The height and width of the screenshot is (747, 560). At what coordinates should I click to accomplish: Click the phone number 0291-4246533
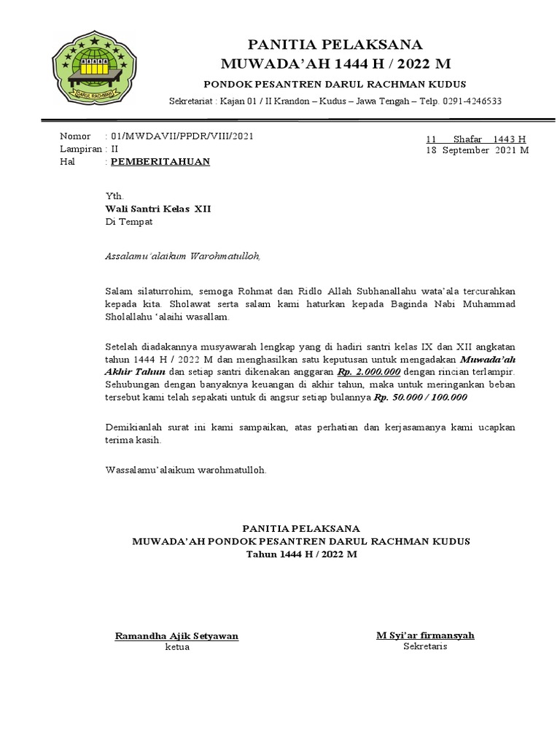coord(471,101)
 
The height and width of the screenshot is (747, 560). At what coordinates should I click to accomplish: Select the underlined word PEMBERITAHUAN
coord(160,162)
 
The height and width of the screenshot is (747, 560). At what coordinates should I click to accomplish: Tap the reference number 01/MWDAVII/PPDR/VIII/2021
coord(182,136)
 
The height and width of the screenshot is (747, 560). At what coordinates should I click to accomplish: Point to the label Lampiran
coord(79,149)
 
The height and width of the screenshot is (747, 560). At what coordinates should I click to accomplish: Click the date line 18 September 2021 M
coord(478,150)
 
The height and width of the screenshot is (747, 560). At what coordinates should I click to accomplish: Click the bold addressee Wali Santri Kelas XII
coord(158,209)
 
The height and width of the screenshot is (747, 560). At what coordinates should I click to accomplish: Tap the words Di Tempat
coord(129,222)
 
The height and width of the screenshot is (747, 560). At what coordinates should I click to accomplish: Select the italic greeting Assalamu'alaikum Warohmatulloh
coord(182,256)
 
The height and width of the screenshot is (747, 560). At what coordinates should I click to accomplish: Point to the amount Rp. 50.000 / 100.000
coord(421,398)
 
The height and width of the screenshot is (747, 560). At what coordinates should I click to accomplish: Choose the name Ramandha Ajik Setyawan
coord(177,636)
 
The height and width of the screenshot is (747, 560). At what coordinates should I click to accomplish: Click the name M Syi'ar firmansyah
coord(425,635)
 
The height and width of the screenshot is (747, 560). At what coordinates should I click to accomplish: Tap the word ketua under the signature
coord(177,648)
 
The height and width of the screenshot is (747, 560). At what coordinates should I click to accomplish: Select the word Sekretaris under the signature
coord(425,647)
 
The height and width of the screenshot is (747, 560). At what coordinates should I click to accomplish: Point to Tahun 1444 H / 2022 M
coord(301,554)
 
